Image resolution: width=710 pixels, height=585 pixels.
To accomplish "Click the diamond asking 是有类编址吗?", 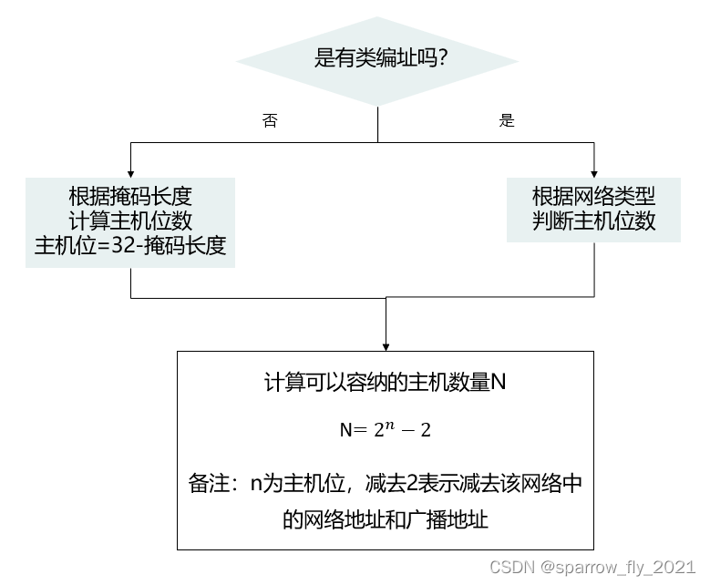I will [377, 61].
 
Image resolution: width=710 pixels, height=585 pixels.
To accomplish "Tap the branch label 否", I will [270, 121].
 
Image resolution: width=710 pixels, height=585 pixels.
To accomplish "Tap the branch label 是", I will [507, 120].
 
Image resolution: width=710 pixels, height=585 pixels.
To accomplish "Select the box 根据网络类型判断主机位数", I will [593, 209].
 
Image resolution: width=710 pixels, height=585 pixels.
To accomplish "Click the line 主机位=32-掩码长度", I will [130, 246].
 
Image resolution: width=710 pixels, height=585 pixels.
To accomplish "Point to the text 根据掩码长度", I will [130, 196].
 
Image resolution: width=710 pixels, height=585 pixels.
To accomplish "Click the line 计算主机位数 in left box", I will [130, 221].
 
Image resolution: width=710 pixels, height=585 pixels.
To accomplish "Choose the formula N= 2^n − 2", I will [385, 428].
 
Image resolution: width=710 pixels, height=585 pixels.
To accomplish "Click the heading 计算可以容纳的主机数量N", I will [385, 384].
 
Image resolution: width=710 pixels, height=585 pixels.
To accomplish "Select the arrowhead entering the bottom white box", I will [386, 345].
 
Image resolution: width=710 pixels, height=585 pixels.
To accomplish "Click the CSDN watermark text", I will [511, 568].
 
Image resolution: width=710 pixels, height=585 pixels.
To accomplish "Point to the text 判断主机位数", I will [593, 221].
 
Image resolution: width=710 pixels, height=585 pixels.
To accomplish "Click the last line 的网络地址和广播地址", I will [385, 520].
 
